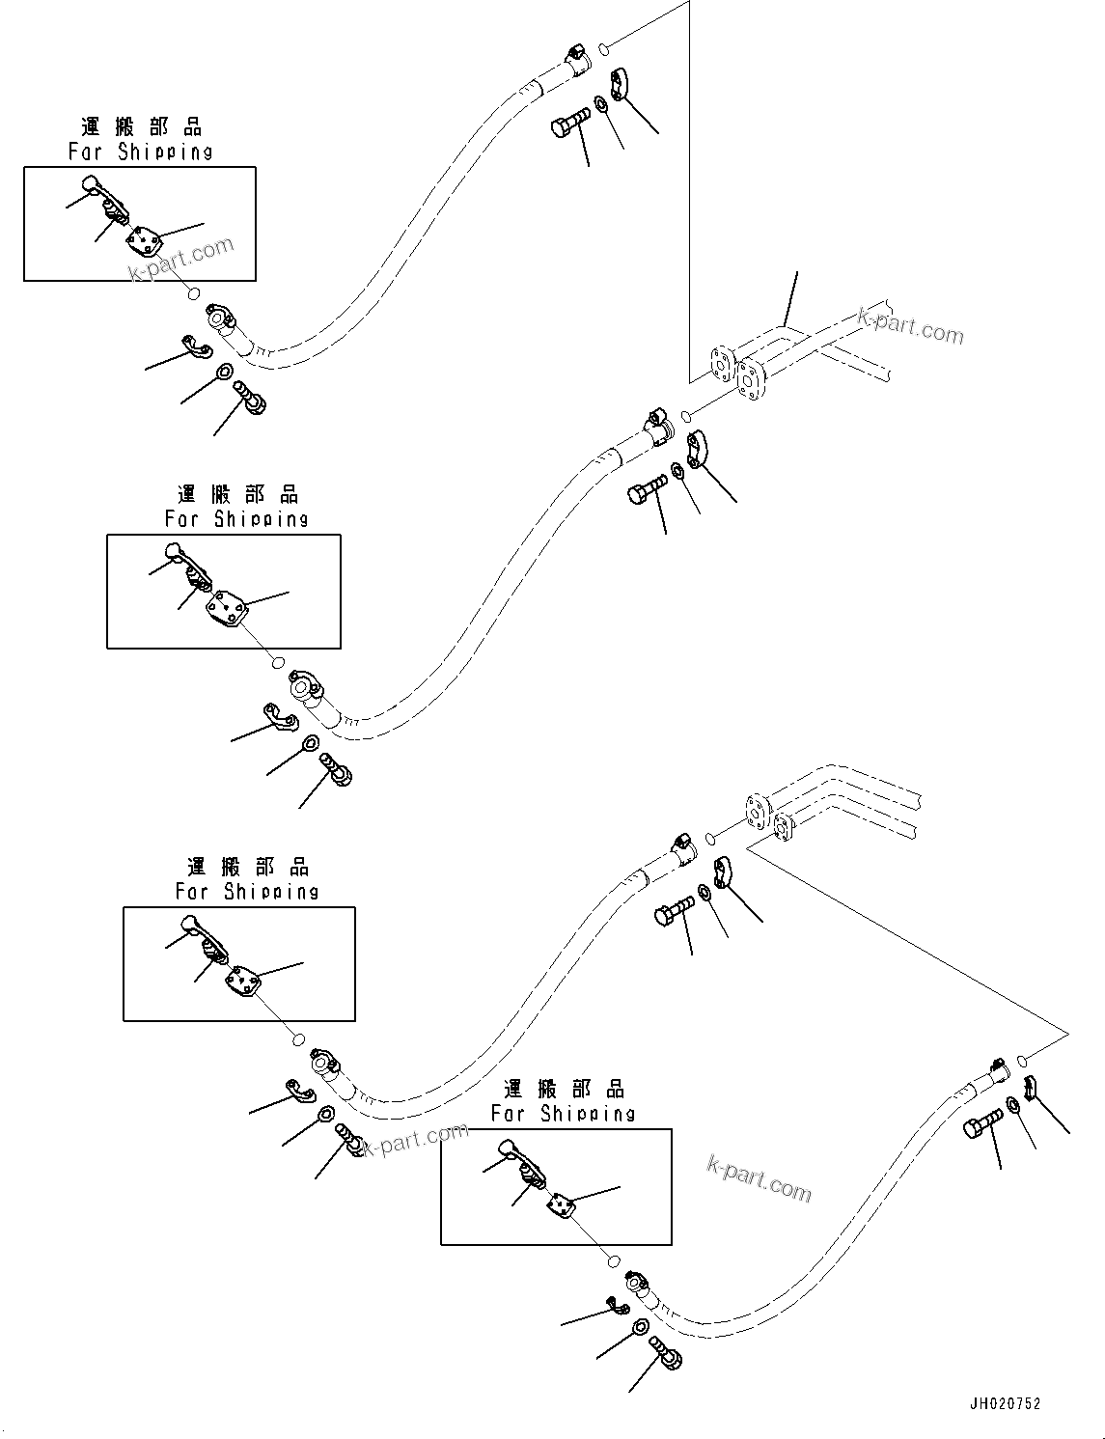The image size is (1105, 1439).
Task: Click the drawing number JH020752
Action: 1006,1404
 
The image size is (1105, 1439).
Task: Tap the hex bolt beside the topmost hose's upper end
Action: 569,125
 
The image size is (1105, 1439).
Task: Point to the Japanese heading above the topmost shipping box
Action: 141,126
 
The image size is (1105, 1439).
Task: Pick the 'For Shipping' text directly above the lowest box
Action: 563,1113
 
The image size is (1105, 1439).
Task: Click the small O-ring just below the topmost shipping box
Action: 194,294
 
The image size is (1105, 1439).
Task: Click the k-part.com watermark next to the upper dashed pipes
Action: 910,326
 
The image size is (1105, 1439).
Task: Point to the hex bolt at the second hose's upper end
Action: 647,489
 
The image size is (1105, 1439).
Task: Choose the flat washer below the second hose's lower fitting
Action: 309,744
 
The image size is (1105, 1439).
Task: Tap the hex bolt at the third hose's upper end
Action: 675,910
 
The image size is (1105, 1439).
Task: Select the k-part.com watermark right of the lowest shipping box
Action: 760,1178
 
